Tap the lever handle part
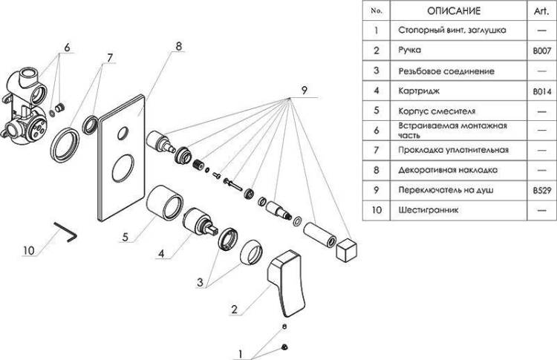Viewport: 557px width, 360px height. tap(287, 283)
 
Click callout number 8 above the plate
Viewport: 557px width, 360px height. tap(178, 46)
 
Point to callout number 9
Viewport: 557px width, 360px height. tap(304, 91)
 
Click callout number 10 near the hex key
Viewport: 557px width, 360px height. tap(28, 250)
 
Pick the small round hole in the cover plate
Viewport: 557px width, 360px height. tap(123, 132)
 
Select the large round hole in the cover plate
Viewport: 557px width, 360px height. tap(123, 168)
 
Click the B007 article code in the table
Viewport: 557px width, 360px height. tap(541, 50)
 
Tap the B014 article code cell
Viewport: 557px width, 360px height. tap(541, 91)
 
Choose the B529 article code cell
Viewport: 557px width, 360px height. tap(541, 190)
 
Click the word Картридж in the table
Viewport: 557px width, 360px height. tap(419, 91)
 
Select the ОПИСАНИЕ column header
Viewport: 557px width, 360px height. tap(454, 11)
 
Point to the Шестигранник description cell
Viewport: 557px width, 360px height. tap(429, 210)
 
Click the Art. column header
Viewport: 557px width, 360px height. tap(541, 11)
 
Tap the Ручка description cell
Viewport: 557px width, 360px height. tap(409, 50)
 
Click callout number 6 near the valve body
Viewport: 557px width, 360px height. tap(67, 47)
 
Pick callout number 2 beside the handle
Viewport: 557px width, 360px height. tap(234, 310)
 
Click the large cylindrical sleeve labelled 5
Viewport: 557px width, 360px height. tap(165, 203)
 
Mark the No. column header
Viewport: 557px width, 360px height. tap(377, 10)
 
